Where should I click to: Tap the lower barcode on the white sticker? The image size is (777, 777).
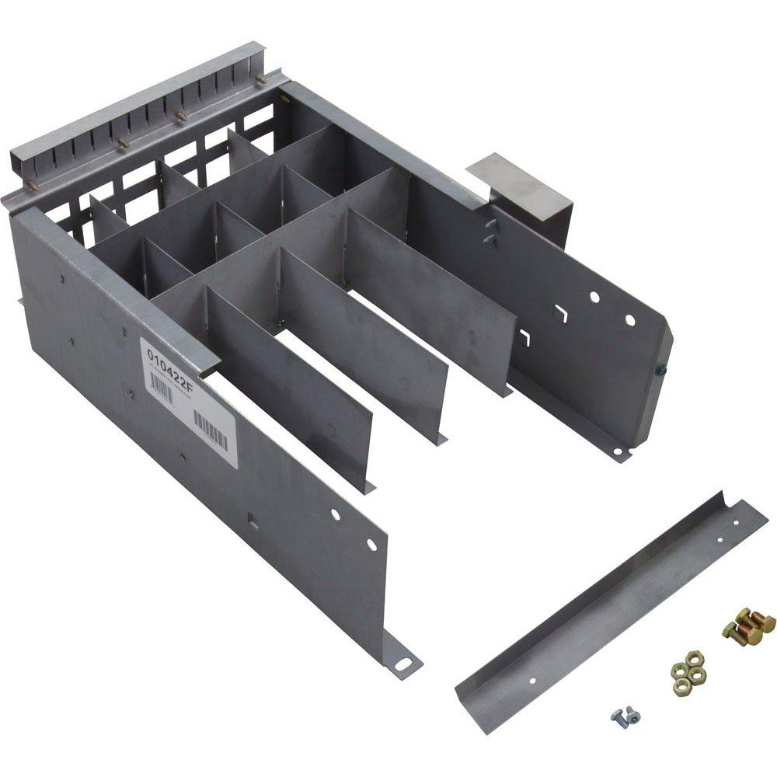pos(211,430)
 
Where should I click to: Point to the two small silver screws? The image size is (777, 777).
pos(625,714)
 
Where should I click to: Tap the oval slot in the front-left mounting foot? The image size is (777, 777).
pos(402,665)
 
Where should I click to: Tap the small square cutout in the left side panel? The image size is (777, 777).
pos(251,517)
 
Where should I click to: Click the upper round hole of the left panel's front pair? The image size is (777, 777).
pos(335,514)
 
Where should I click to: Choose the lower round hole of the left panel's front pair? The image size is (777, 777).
pos(371,544)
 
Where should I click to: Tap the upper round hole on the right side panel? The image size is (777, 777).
pos(594,296)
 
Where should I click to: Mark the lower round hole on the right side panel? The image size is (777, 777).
pos(629,320)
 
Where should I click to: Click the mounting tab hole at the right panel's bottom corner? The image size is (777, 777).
pos(617,449)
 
